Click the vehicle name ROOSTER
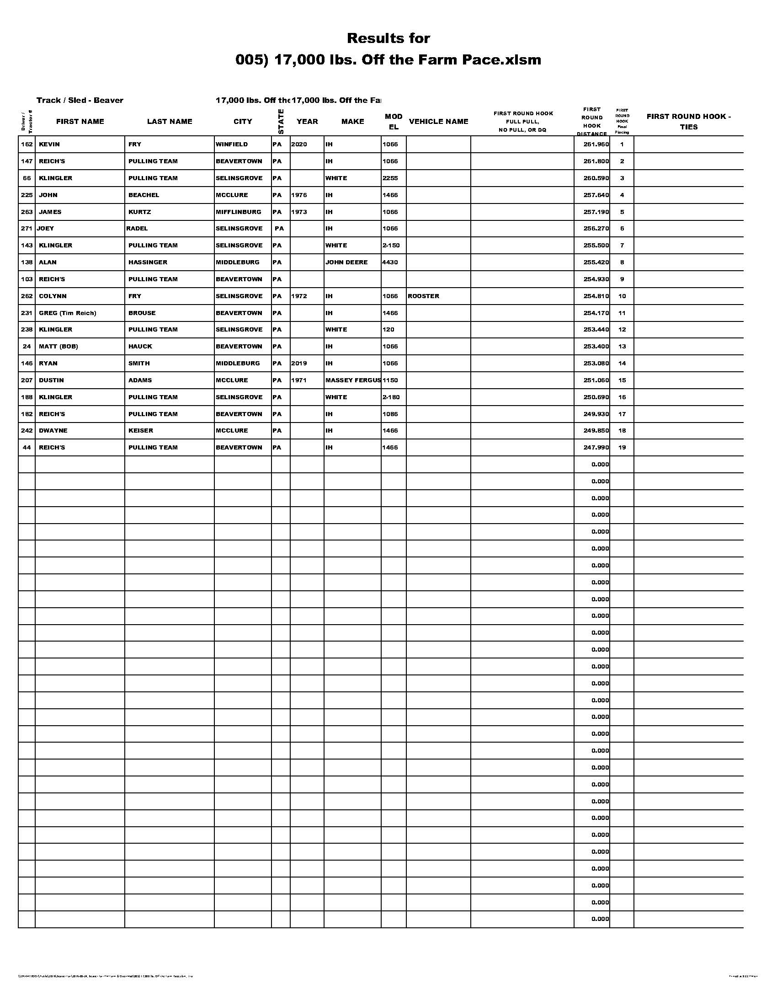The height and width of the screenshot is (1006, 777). tap(424, 296)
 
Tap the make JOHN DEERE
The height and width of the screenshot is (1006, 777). tap(346, 262)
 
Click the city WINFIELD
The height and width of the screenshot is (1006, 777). tap(232, 144)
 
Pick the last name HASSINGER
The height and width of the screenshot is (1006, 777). tap(148, 262)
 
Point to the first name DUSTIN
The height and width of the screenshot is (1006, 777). tap(51, 380)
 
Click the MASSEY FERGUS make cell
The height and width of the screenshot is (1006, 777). tap(352, 380)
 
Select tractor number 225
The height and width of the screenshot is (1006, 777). tap(27, 195)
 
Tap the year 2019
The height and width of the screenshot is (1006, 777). tap(299, 364)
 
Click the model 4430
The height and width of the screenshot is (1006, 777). tap(390, 262)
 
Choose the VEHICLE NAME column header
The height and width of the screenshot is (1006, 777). tap(438, 122)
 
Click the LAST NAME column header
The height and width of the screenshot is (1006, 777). tap(170, 122)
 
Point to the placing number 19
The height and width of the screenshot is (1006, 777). tap(622, 448)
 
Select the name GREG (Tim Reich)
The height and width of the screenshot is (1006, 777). tap(67, 313)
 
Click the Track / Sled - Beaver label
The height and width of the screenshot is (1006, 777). tap(80, 101)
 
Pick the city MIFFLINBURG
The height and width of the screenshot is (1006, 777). tap(239, 212)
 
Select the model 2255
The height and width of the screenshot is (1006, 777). tap(390, 178)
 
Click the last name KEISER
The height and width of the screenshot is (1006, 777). tap(141, 431)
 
